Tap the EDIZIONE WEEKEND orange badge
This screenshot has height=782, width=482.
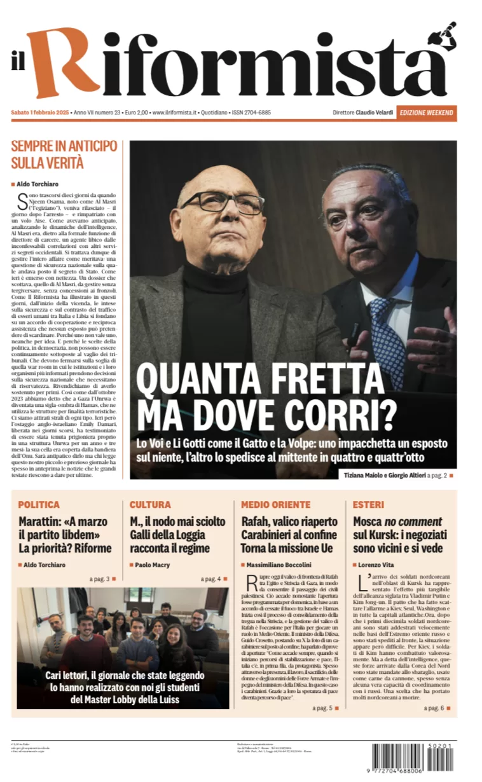point(427,113)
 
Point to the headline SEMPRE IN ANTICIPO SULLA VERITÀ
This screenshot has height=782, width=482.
point(64,154)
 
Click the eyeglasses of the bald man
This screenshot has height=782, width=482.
point(222,202)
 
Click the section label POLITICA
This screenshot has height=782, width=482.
point(39,505)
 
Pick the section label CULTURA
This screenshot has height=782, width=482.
point(150,505)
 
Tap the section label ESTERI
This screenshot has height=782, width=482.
point(368,505)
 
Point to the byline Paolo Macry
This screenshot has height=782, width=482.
point(152,565)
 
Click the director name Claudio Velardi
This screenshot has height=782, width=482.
point(373,113)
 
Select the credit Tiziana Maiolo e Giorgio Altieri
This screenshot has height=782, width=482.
point(384,475)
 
